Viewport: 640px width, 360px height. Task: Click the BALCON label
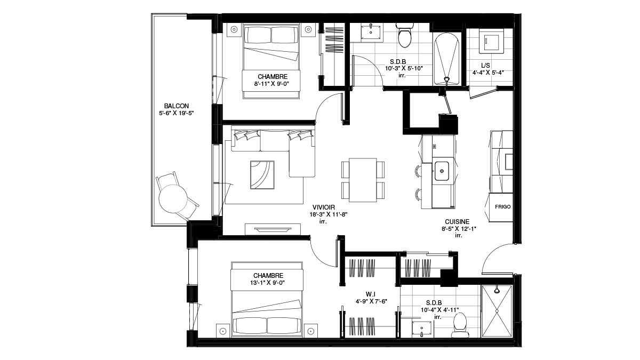[x=177, y=106]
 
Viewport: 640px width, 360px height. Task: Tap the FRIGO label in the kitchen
[x=502, y=206]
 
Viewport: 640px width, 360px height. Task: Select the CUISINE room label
[x=457, y=222]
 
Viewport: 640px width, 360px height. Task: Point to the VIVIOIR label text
[x=324, y=207]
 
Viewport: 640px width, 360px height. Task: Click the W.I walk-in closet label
[x=370, y=294]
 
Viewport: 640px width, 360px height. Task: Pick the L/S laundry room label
[x=485, y=66]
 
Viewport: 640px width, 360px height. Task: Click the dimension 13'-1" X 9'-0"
[x=268, y=283]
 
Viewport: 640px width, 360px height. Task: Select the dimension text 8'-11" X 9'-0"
[x=271, y=84]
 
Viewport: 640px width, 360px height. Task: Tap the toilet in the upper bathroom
[x=405, y=35]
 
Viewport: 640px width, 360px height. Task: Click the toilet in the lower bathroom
[x=460, y=325]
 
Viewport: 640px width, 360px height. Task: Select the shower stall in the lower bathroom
[x=497, y=311]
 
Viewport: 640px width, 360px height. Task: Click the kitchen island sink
[x=442, y=171]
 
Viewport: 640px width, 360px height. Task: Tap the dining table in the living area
[x=363, y=180]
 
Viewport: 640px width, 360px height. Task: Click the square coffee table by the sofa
[x=262, y=175]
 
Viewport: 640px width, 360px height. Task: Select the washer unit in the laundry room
[x=491, y=42]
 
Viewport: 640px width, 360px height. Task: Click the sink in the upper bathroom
[x=371, y=32]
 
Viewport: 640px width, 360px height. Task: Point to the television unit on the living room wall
[x=273, y=229]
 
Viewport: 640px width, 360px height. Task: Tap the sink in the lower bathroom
[x=422, y=329]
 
